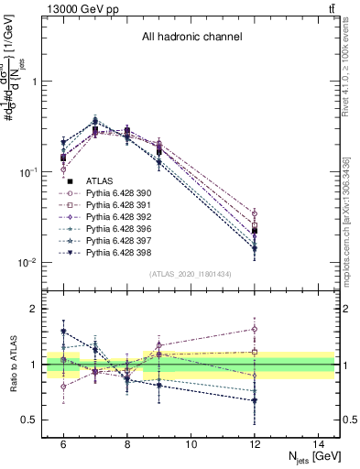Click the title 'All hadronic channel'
[191, 38]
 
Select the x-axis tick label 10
[191, 444]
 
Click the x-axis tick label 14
[319, 444]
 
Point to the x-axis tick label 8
[127, 444]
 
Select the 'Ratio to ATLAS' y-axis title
[12, 364]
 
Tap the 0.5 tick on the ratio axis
[34, 420]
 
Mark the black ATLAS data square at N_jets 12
[255, 231]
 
